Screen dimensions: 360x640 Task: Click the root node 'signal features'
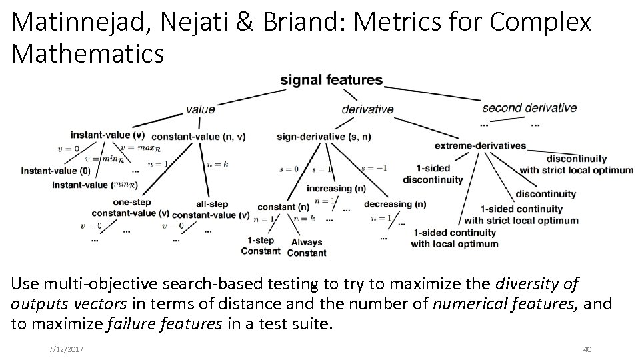coord(331,80)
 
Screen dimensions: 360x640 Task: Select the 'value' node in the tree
coord(200,109)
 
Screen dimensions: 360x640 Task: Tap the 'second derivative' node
coord(529,107)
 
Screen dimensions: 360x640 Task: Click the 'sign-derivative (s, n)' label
coord(324,137)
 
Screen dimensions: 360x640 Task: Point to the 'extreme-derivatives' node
coord(480,145)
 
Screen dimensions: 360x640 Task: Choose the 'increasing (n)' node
coord(336,189)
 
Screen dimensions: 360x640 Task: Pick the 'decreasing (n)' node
coord(395,204)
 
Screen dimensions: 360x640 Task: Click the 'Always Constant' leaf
coord(307,247)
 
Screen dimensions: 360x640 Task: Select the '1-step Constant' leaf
coord(261,245)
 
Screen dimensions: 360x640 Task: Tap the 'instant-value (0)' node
coord(56,171)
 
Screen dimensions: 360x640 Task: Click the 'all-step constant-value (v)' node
coord(211,209)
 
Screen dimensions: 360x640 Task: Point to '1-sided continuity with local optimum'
coord(454,238)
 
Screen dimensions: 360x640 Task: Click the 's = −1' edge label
coord(373,169)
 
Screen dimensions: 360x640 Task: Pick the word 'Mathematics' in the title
coord(87,53)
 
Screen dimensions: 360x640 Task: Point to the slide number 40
coord(587,349)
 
